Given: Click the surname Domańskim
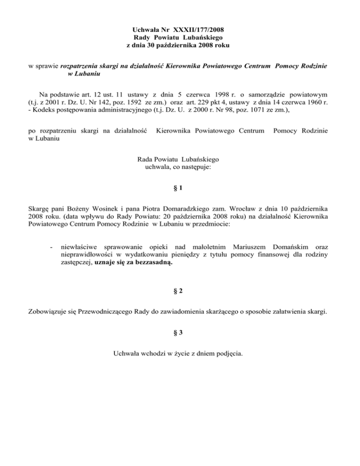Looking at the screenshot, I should click(x=280, y=246).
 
